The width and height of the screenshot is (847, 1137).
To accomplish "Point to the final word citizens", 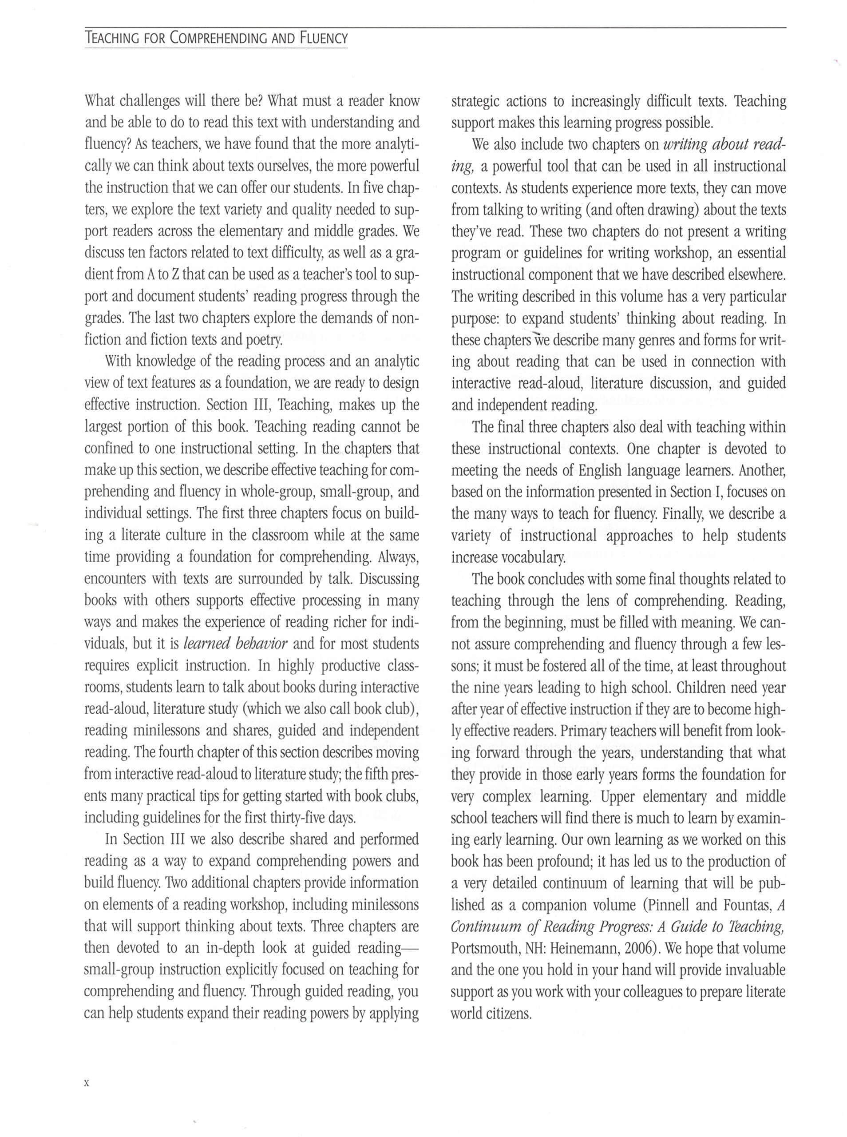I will (x=511, y=1014).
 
